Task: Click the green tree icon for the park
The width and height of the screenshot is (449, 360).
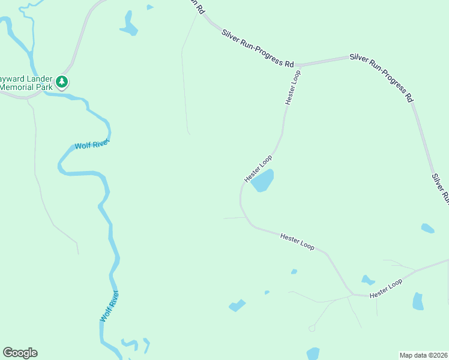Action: (x=62, y=82)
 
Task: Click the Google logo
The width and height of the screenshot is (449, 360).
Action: (x=20, y=353)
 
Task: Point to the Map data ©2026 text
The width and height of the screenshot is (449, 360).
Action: (x=423, y=355)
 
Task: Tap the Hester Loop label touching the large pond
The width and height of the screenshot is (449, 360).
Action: (x=258, y=169)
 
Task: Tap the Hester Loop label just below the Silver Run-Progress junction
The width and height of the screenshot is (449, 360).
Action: (x=292, y=88)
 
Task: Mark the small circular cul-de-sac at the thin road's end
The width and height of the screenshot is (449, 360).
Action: (x=312, y=328)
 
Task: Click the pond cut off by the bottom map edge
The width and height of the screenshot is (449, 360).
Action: (x=313, y=354)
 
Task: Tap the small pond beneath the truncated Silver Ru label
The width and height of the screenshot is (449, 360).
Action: (x=427, y=228)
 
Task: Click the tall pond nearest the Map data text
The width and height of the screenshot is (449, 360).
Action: (x=418, y=301)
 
